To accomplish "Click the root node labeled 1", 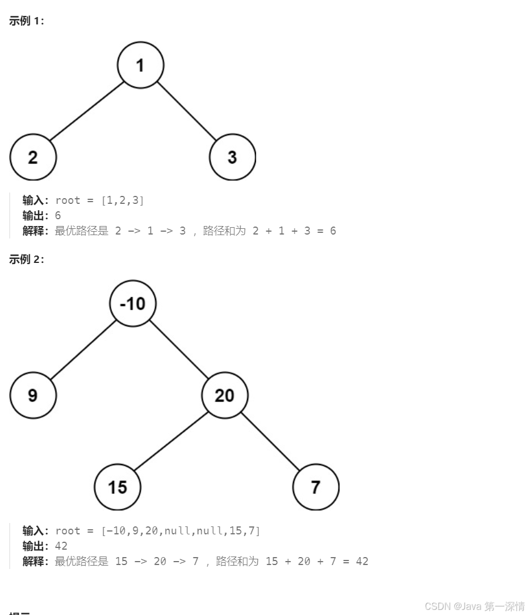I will (140, 65).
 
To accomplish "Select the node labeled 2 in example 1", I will (33, 157).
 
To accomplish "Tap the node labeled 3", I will (232, 157).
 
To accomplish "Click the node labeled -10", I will (133, 303).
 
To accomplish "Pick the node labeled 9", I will (33, 395).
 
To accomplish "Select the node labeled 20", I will (225, 395).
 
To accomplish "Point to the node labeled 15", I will (118, 487).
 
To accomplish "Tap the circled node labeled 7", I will (316, 487).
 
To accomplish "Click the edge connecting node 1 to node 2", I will (86, 111).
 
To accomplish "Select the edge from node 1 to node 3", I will (187, 111).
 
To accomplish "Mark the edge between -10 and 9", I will (83, 349).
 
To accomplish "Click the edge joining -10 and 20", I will (179, 349).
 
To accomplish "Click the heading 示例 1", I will (27, 22).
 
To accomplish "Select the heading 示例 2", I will (27, 260).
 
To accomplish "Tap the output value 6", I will (58, 216).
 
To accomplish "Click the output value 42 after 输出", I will (61, 546).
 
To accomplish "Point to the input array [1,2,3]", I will (123, 200).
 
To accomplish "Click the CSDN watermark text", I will (475, 606).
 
